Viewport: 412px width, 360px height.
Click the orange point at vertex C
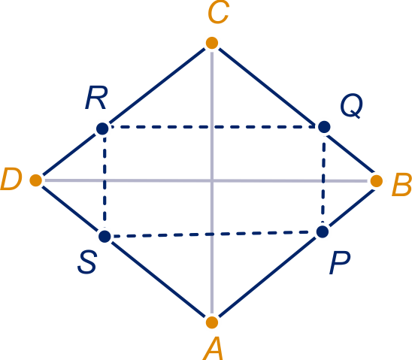(212, 43)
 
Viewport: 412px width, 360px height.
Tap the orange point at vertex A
(212, 322)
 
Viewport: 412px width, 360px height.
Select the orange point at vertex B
(376, 181)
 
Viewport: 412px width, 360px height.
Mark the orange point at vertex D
(36, 180)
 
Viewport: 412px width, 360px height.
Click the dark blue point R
(102, 129)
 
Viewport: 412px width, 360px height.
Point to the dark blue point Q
(324, 127)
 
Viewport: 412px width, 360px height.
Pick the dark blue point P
(323, 231)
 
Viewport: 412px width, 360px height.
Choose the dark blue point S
(105, 236)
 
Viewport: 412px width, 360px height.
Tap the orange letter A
(213, 349)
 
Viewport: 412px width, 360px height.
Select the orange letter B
(401, 184)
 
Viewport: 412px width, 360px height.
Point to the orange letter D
(11, 179)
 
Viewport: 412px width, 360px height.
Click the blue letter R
(96, 98)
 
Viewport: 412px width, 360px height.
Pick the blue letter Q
(351, 106)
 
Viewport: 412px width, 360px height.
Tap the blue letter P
(340, 263)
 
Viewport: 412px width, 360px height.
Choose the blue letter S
(87, 262)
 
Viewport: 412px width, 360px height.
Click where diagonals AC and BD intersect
(212, 180)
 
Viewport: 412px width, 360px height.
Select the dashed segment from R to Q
(213, 127)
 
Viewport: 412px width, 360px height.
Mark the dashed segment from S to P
(214, 234)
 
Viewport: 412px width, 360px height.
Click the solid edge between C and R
(157, 86)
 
